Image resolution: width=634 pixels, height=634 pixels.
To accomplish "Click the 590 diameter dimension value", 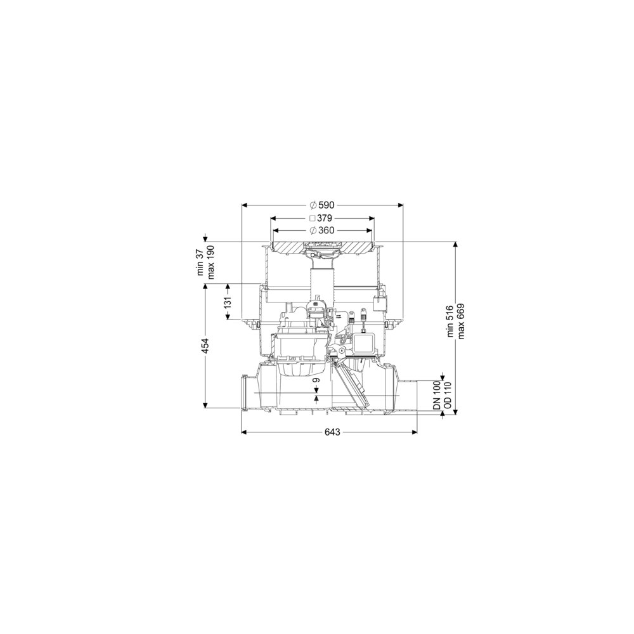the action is click(326, 205).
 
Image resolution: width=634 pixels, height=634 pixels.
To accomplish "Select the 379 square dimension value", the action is click(324, 218).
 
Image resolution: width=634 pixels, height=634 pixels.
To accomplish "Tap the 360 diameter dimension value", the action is click(327, 231).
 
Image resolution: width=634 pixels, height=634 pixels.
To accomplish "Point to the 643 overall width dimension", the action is click(332, 432).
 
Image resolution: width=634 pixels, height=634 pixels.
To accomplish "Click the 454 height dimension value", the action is click(205, 346).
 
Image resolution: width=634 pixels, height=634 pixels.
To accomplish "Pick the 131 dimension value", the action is click(228, 302).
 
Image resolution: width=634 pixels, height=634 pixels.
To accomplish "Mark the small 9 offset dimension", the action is click(316, 380).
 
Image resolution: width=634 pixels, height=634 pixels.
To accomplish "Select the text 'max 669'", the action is click(460, 321).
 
